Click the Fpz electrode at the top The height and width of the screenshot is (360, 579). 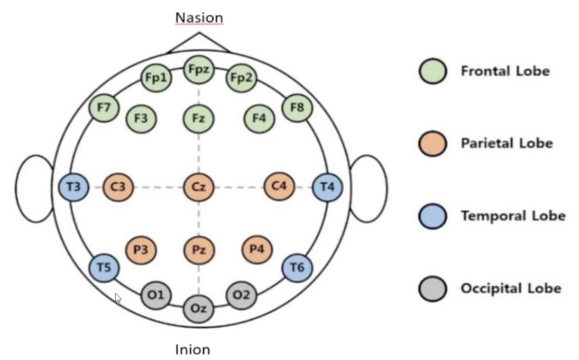click(x=199, y=70)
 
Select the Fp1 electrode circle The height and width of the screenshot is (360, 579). click(x=156, y=78)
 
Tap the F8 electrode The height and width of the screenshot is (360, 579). click(x=297, y=107)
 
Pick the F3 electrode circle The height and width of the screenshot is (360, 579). click(x=141, y=118)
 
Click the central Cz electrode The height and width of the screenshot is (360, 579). click(x=199, y=187)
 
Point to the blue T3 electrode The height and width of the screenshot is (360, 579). click(x=74, y=187)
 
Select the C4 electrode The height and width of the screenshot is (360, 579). click(x=279, y=187)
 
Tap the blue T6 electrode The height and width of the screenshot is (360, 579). click(x=297, y=268)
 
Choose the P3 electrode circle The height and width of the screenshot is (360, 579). click(x=141, y=249)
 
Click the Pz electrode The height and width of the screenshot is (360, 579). click(x=199, y=249)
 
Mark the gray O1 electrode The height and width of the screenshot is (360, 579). click(x=156, y=295)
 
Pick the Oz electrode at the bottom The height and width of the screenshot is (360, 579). click(x=199, y=309)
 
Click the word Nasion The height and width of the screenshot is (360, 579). click(x=199, y=18)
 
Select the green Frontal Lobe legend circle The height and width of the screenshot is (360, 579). click(x=433, y=71)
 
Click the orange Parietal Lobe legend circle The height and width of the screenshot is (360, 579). click(x=433, y=143)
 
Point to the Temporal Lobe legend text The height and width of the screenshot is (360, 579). click(x=513, y=216)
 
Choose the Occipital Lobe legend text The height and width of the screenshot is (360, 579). click(x=511, y=288)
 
